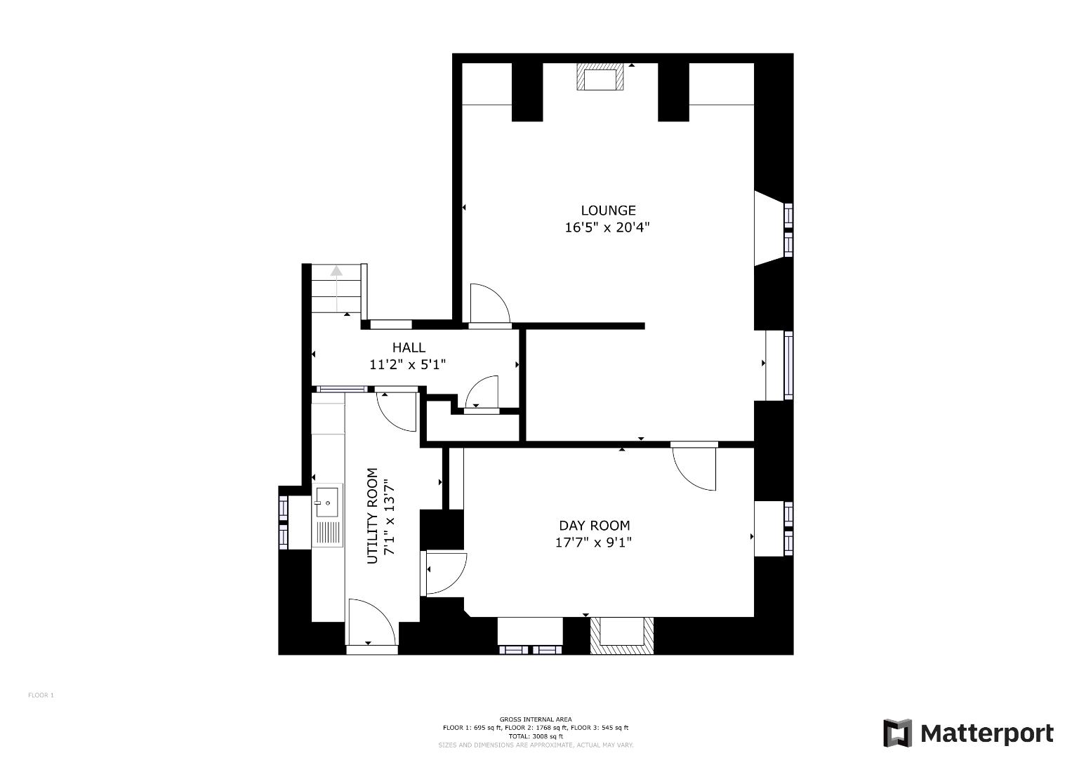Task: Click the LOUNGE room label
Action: [x=608, y=210]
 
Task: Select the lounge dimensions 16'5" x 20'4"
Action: [x=608, y=227]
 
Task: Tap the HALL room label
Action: [x=408, y=347]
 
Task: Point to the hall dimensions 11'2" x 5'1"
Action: [x=408, y=364]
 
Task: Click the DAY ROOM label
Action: [x=594, y=525]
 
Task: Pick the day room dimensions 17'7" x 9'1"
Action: [x=594, y=543]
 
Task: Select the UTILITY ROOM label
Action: [x=372, y=515]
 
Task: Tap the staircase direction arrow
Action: [x=337, y=271]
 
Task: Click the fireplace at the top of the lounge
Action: [x=600, y=77]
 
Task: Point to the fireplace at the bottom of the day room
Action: [x=621, y=635]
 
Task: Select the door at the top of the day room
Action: [x=694, y=466]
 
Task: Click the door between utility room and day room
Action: [x=445, y=573]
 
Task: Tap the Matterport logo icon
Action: [x=897, y=733]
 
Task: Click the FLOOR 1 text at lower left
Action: [x=41, y=696]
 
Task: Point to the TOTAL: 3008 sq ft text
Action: [x=536, y=736]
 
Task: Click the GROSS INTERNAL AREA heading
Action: [x=536, y=719]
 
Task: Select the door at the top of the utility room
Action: [x=397, y=409]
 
